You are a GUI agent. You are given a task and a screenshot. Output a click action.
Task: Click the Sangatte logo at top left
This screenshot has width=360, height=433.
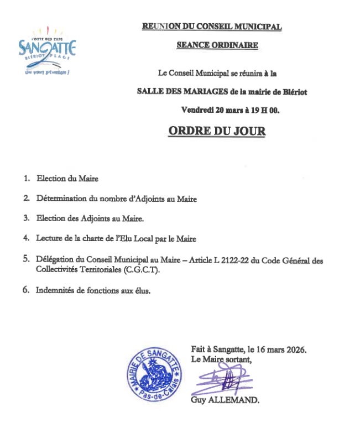click(47, 50)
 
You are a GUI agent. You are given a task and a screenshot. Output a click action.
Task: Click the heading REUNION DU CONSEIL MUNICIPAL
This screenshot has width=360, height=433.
click(212, 27)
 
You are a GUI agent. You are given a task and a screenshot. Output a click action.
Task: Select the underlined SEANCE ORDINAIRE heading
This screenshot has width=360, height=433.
click(217, 46)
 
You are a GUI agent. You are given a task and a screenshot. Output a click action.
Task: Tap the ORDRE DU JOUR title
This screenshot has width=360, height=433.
click(216, 132)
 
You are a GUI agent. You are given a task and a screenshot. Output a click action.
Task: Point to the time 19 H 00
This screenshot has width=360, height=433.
click(265, 110)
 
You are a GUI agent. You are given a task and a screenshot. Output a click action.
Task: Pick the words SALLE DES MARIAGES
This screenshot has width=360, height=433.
click(173, 91)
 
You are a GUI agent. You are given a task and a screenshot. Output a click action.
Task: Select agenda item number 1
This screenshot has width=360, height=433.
click(26, 179)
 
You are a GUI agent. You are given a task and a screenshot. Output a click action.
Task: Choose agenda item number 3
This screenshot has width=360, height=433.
click(26, 218)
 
